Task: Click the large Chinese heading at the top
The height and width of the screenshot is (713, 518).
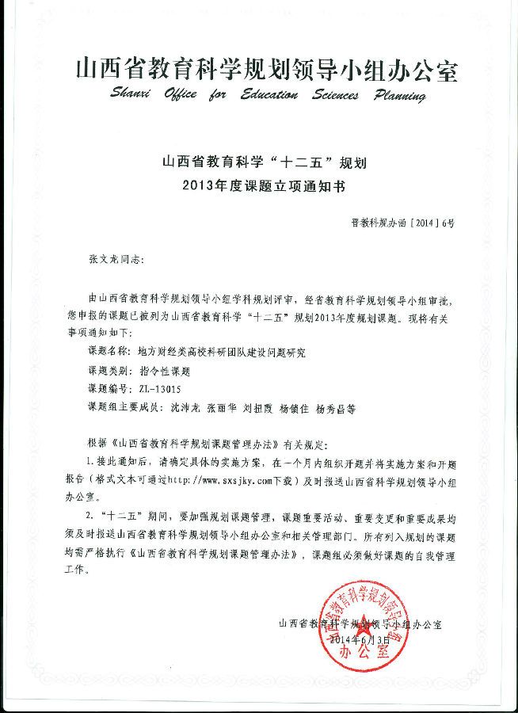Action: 266,70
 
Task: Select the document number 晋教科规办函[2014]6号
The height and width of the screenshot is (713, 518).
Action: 402,225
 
